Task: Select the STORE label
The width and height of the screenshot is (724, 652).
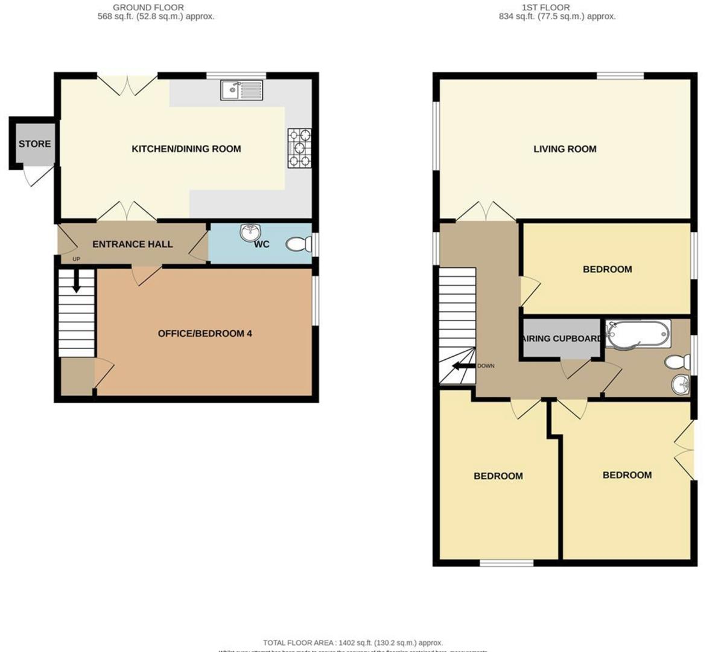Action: (x=34, y=144)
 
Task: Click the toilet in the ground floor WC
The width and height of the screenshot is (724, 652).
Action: (x=297, y=244)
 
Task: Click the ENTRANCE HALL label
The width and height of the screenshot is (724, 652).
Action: (x=132, y=244)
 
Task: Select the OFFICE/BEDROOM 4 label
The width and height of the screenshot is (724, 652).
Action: (x=205, y=333)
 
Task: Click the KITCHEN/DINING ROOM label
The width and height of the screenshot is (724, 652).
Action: (x=186, y=149)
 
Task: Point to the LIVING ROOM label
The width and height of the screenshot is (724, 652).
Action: (x=565, y=149)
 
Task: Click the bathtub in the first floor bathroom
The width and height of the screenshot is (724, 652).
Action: (x=638, y=334)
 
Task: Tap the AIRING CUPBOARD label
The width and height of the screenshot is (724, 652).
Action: (x=562, y=338)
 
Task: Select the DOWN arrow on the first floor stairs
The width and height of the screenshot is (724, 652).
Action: (x=464, y=366)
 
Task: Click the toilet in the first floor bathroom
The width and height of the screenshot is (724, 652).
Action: (x=677, y=362)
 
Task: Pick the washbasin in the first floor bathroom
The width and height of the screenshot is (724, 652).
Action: (x=681, y=383)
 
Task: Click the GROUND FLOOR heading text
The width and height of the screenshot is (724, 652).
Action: (x=148, y=7)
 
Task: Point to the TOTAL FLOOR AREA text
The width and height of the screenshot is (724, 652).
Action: (x=352, y=643)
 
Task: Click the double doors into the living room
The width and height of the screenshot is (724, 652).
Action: (x=486, y=211)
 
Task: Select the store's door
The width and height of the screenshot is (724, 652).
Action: (x=35, y=176)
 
